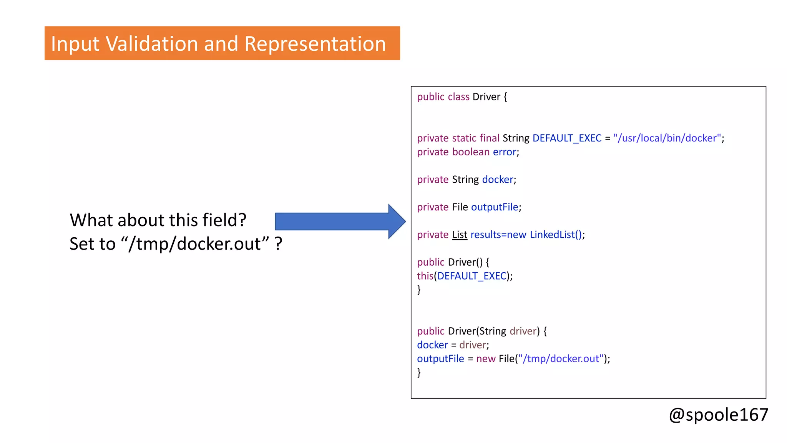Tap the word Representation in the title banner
(315, 43)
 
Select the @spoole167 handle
(718, 415)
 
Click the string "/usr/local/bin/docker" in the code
(667, 138)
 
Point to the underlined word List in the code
(460, 235)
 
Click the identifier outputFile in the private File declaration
(495, 207)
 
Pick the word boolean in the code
(471, 152)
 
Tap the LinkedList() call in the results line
(556, 235)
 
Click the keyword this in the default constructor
(425, 276)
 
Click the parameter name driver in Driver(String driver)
(523, 331)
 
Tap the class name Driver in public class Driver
(486, 97)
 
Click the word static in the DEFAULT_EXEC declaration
(464, 138)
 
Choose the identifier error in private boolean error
(504, 152)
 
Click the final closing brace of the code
(419, 372)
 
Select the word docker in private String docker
(498, 180)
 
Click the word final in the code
(489, 138)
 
